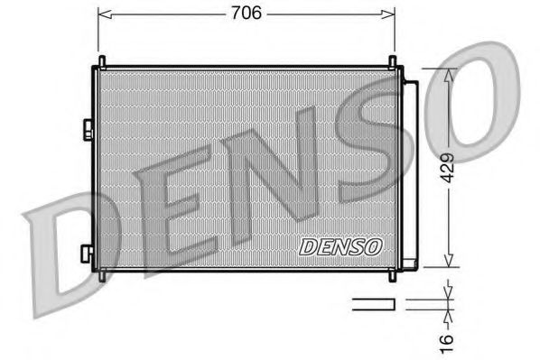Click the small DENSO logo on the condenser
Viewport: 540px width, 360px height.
pyautogui.click(x=340, y=245)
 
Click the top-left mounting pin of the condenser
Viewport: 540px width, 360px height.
pyautogui.click(x=101, y=62)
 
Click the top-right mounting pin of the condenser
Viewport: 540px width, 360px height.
pyautogui.click(x=393, y=62)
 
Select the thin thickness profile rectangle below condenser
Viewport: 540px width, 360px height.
pyautogui.click(x=372, y=304)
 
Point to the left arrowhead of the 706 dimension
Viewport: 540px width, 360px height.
pyautogui.click(x=102, y=14)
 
